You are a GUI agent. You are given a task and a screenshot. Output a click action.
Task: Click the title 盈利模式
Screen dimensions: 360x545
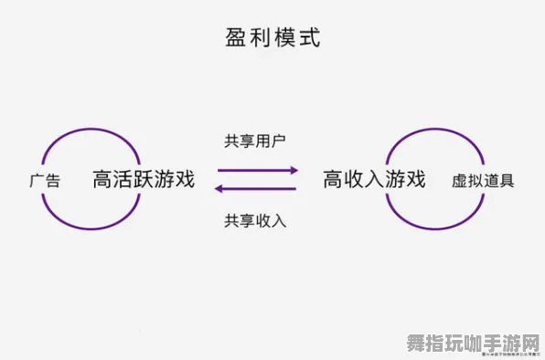point(272,38)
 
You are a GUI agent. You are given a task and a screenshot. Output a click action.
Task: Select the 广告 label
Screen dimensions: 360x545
point(45,180)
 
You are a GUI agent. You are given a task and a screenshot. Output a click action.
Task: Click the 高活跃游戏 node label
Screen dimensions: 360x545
point(144,179)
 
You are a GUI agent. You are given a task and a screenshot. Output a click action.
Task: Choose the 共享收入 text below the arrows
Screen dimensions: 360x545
point(255,220)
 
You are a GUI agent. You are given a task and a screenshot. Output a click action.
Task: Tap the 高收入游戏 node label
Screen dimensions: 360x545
point(374,179)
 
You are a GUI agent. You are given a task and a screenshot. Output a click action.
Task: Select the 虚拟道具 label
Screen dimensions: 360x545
point(483,180)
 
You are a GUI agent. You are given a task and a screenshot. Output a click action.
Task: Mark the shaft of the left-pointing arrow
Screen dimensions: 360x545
point(260,189)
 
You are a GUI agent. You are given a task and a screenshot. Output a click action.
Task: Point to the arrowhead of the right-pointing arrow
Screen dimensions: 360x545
point(294,170)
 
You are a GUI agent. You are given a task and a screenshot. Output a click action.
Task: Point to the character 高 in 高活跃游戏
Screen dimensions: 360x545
point(102,179)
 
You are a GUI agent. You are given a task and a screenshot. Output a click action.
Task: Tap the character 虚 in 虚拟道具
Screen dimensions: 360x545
point(459,180)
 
